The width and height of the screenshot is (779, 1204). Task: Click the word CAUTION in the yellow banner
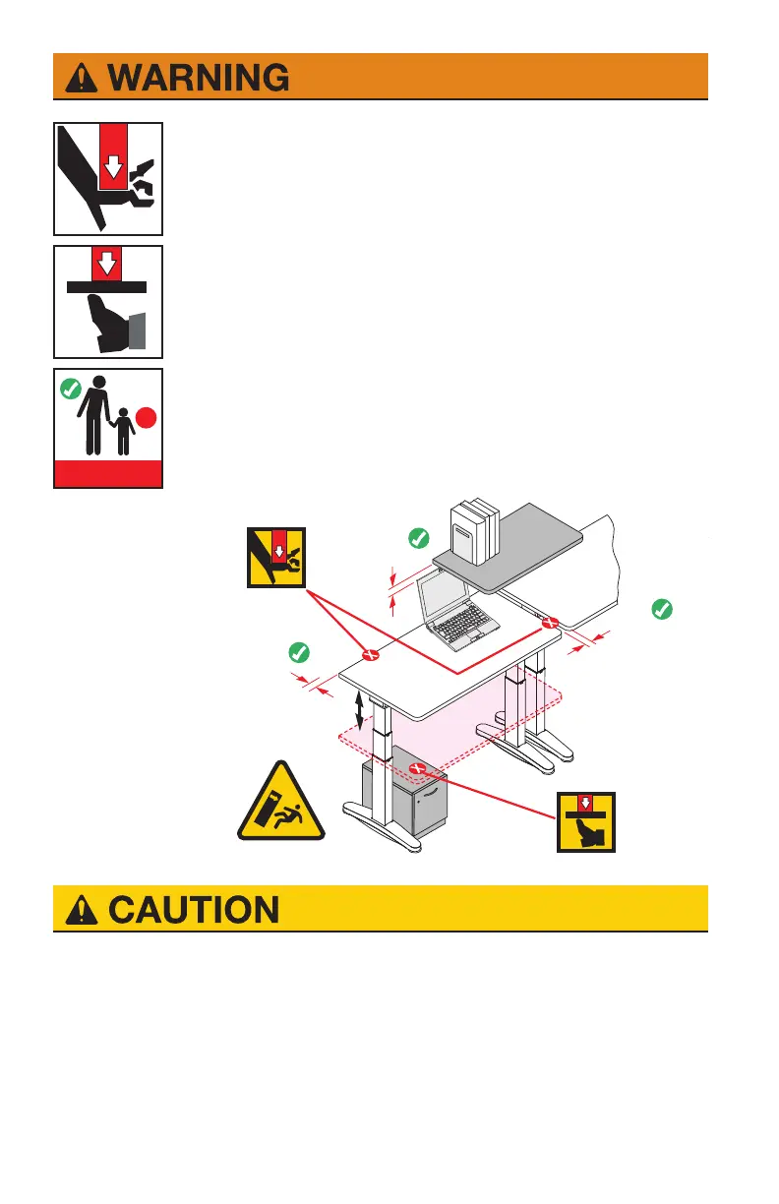point(193,909)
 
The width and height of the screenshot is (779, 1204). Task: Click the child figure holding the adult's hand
point(122,432)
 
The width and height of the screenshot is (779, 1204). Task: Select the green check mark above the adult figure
point(69,389)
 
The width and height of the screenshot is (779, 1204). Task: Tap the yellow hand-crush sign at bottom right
point(586,820)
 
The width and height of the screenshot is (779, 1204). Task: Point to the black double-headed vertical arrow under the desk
point(361,709)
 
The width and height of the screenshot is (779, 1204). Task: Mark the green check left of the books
point(418,537)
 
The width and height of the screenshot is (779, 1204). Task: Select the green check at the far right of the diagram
point(662,610)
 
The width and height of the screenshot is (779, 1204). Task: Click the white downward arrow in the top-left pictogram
point(114,161)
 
